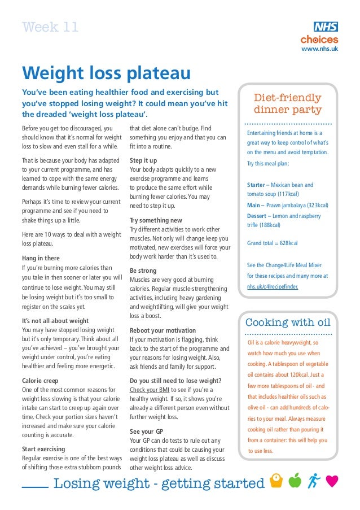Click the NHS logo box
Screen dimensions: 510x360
tap(326, 27)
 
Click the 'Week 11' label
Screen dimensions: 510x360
tap(50, 27)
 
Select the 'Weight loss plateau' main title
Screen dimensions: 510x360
tap(106, 73)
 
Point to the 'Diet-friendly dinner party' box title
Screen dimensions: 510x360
tap(288, 104)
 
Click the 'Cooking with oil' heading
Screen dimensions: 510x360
tap(288, 323)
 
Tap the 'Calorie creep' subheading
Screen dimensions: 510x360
tap(42, 380)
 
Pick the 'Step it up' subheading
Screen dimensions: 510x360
tap(143, 160)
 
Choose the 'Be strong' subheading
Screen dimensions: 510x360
tap(143, 271)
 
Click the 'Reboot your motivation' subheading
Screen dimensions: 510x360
tap(163, 330)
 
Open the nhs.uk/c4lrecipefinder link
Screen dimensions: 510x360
tap(273, 286)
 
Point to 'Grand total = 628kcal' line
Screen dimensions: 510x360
tap(273, 243)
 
